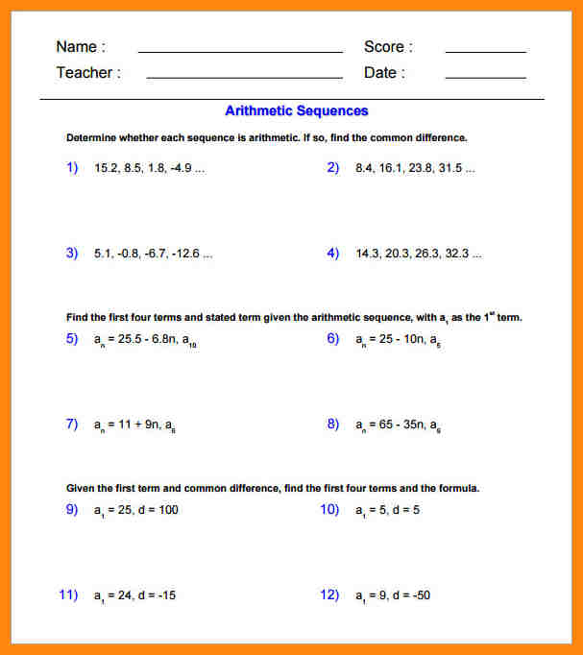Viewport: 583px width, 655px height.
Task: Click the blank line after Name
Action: point(240,50)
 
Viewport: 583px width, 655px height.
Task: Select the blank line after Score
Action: point(485,50)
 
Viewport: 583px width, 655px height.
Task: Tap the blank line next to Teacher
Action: point(244,76)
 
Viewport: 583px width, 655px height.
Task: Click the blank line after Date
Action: point(485,76)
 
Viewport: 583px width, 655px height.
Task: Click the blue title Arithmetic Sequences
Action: point(296,111)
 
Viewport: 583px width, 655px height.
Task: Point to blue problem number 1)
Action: point(72,167)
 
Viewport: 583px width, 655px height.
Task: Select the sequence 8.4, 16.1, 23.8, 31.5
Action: point(414,168)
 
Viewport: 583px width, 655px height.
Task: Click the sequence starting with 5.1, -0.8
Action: point(153,255)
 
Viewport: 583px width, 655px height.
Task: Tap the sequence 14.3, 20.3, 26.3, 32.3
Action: point(418,255)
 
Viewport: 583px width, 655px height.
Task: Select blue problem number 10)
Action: point(329,509)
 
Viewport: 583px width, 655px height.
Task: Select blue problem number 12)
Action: point(329,594)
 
